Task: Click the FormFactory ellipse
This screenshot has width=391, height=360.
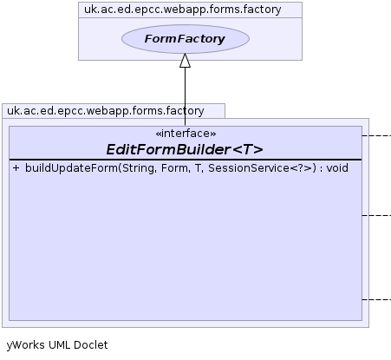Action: [x=186, y=39]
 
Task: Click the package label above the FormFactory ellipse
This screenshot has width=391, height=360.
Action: [x=183, y=10]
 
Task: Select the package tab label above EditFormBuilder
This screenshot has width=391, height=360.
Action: [x=106, y=111]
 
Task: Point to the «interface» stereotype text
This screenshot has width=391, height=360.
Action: [x=186, y=134]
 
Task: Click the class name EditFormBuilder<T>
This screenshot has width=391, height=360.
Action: [x=185, y=149]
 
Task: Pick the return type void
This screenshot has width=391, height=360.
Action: [x=337, y=168]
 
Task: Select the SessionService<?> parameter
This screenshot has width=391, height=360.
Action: [x=260, y=168]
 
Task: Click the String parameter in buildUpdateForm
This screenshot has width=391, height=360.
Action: [x=138, y=168]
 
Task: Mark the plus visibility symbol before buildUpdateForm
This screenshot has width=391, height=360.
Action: [x=16, y=168]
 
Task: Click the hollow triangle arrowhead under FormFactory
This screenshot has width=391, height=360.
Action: [x=185, y=61]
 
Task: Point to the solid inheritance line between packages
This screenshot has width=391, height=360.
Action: [x=185, y=96]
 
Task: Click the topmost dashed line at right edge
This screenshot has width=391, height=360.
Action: [x=376, y=135]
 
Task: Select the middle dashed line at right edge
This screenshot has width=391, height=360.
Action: [x=376, y=215]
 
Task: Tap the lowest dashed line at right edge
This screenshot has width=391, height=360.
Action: [x=376, y=299]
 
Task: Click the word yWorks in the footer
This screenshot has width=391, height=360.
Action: [x=26, y=345]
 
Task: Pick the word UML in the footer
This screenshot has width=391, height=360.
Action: [x=59, y=345]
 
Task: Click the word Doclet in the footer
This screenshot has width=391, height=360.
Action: [x=91, y=345]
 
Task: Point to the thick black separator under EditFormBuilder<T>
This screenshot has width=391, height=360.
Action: [x=186, y=160]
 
